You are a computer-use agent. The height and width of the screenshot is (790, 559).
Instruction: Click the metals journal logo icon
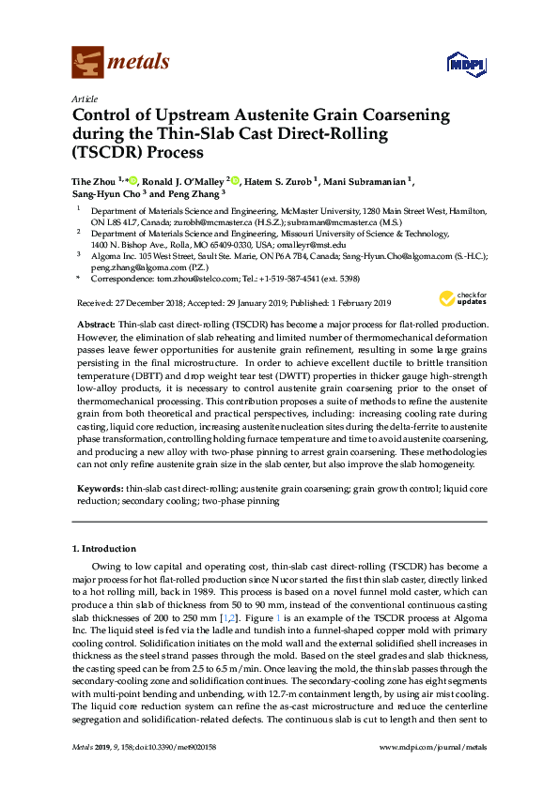(x=87, y=62)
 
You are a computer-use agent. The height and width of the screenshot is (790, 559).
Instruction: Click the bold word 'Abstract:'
(x=94, y=322)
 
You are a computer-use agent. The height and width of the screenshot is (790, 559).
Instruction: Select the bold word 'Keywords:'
(x=98, y=490)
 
